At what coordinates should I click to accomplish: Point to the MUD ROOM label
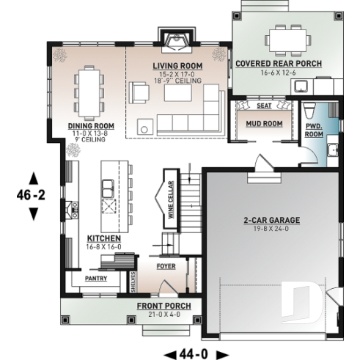click(x=264, y=123)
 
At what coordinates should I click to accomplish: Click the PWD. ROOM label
click(x=314, y=131)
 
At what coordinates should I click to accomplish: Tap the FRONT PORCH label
click(x=164, y=306)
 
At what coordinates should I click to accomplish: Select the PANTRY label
click(x=96, y=279)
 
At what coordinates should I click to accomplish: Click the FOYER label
click(x=166, y=266)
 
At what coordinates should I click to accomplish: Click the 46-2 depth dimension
click(x=32, y=196)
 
